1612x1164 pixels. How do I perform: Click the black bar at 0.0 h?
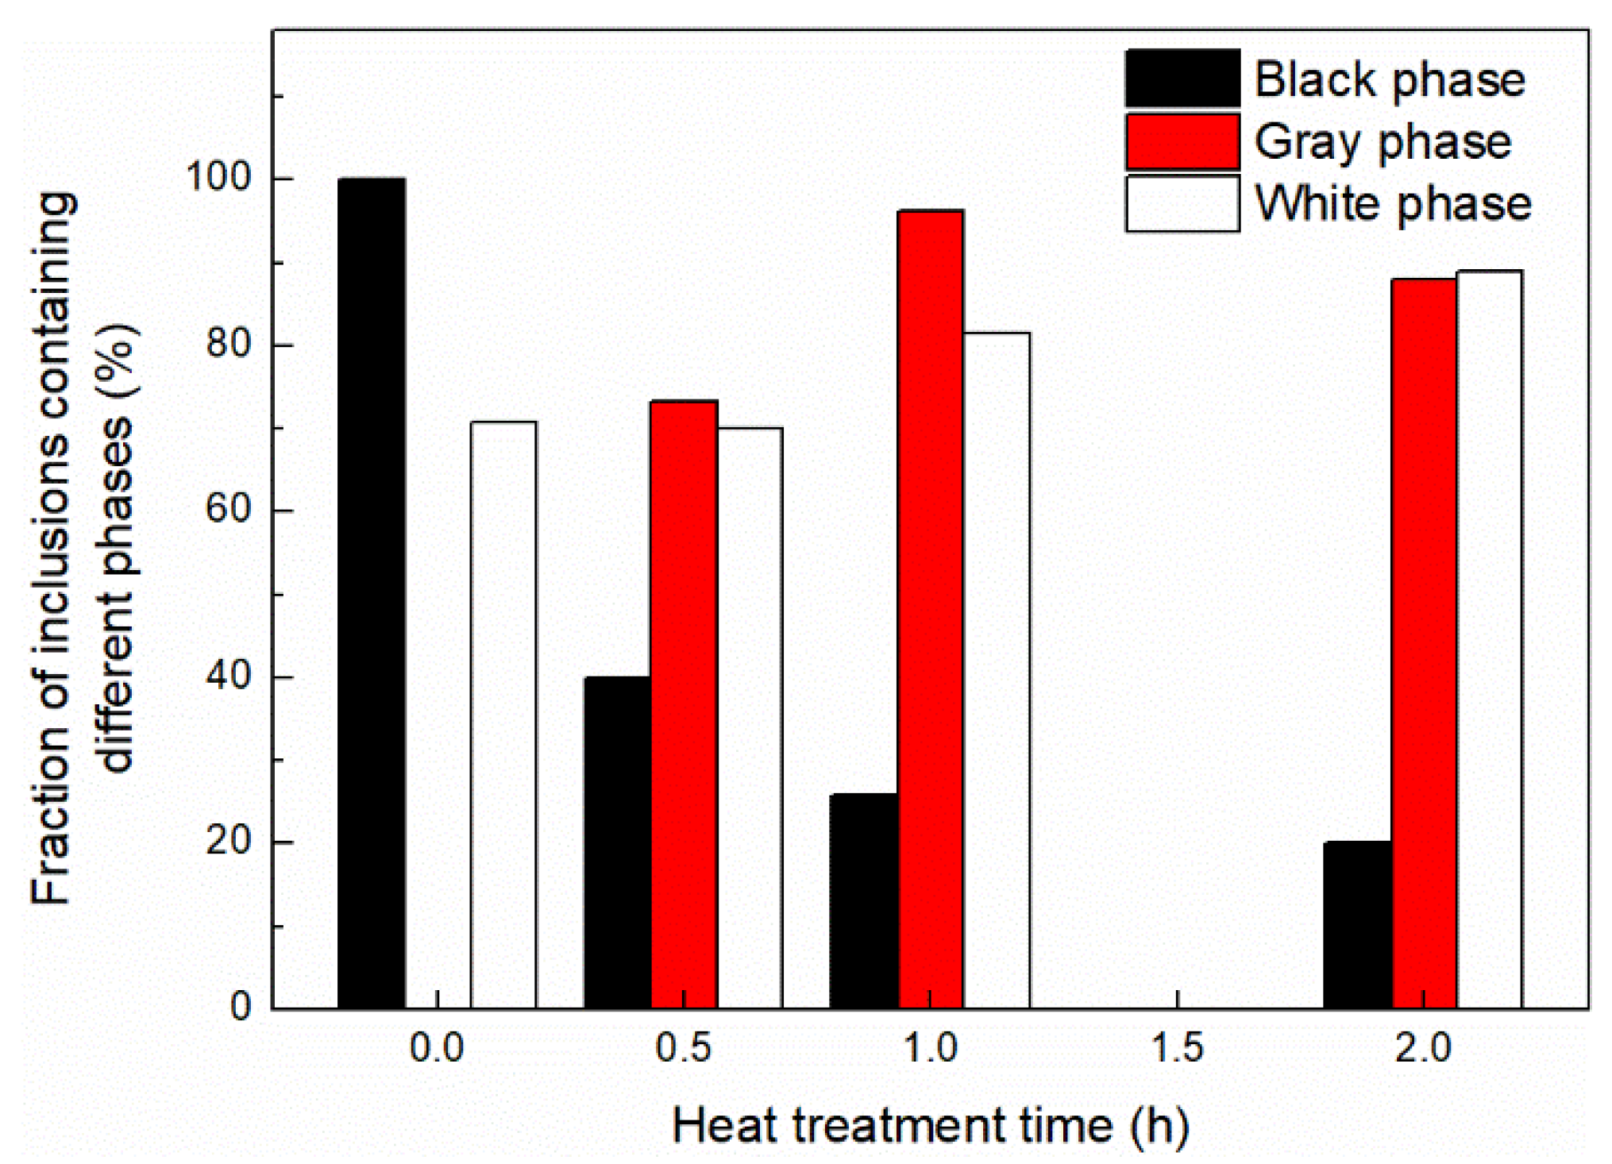tap(371, 593)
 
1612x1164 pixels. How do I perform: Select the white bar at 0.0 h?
tap(503, 715)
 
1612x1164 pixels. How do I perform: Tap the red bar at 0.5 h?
tap(684, 704)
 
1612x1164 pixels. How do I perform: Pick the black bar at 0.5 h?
tap(617, 842)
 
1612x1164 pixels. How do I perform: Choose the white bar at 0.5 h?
tap(750, 718)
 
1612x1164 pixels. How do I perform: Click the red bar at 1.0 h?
tap(930, 609)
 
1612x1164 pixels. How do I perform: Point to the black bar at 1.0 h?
tap(864, 900)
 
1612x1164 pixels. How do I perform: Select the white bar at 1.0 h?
tap(997, 670)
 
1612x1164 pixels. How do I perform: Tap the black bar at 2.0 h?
tap(1357, 924)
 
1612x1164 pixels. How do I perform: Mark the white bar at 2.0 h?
tap(1490, 639)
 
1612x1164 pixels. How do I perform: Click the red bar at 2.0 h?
tap(1424, 643)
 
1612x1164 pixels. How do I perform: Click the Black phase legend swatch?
tap(1182, 79)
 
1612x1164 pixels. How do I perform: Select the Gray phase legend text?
tap(1383, 142)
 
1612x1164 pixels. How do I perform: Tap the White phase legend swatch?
tap(1182, 204)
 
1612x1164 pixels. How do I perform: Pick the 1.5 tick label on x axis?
tap(1177, 1048)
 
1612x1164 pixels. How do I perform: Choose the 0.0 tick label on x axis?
tap(437, 1048)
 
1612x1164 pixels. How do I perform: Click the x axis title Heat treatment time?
tap(930, 1126)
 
